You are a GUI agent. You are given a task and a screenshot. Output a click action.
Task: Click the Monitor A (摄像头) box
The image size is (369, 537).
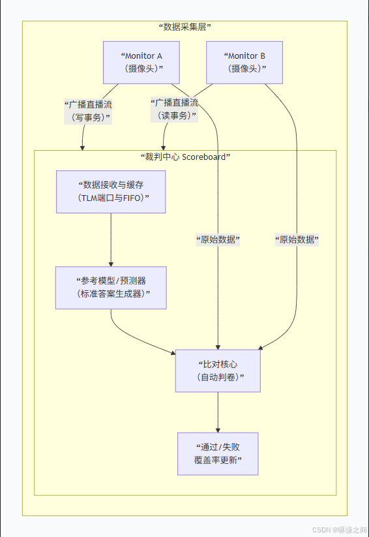(141, 63)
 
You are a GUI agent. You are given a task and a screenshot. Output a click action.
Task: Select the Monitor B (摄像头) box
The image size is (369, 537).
(244, 63)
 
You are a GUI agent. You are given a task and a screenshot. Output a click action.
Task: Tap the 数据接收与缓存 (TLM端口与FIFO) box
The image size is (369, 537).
(111, 192)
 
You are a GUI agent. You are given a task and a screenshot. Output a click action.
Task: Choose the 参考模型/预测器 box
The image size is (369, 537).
(111, 288)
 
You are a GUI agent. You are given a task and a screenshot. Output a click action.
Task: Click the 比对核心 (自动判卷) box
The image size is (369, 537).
(218, 371)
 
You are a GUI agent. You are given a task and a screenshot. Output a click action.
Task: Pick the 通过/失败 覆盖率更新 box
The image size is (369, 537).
(218, 453)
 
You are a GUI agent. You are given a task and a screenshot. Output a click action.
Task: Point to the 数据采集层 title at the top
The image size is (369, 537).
(184, 27)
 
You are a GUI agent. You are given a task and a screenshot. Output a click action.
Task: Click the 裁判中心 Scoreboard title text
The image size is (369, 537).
(185, 157)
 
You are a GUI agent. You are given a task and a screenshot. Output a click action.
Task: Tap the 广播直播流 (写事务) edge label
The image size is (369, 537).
(87, 110)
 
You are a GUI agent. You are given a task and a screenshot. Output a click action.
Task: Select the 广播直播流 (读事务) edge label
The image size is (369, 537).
(174, 109)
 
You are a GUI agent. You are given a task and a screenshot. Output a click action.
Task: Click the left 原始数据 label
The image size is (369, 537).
(218, 240)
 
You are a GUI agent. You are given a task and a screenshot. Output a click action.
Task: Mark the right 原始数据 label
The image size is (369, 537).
(297, 240)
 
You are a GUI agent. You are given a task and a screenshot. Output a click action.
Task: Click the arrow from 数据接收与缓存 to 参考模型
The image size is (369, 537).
(111, 240)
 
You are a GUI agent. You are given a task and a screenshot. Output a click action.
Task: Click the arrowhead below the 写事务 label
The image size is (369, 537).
(83, 146)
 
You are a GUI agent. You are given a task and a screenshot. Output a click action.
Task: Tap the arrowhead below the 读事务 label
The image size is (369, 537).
(164, 146)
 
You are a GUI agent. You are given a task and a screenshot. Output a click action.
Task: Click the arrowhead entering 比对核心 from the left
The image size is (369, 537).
(172, 353)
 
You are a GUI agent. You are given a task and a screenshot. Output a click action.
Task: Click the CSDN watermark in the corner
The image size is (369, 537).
(338, 530)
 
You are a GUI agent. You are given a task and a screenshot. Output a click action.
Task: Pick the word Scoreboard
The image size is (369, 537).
(205, 157)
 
